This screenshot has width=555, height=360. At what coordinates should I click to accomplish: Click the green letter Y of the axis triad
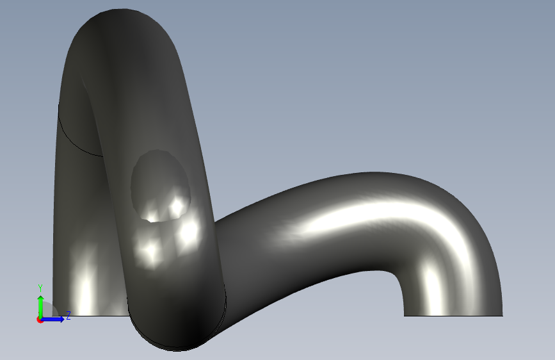(x=40, y=288)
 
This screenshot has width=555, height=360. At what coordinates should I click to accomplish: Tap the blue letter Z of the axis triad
(x=68, y=315)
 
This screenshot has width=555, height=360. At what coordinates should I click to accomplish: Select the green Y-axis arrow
(x=41, y=307)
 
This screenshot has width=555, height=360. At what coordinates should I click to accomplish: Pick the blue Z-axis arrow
(x=52, y=319)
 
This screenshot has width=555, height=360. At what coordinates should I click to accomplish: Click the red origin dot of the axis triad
(x=40, y=320)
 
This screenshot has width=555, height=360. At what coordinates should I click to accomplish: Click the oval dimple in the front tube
(x=160, y=185)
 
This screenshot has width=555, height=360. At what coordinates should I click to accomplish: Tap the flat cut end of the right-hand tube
(x=453, y=315)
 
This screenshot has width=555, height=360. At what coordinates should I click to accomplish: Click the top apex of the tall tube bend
(x=121, y=10)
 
